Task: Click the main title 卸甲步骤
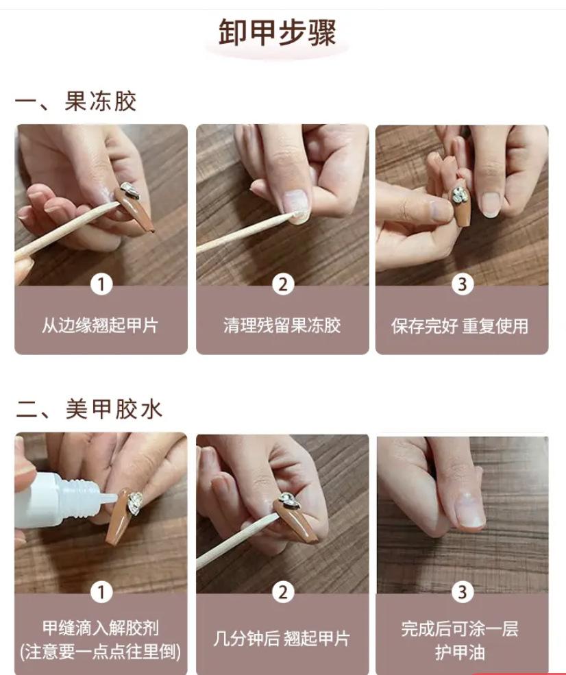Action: coord(277,32)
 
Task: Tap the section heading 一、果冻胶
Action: coord(76,101)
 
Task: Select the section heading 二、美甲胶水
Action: coord(89,408)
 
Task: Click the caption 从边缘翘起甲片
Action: coord(100,325)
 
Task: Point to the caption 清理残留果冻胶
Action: coord(282,325)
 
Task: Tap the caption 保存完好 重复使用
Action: coord(460,326)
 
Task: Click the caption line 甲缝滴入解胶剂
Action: coord(101,628)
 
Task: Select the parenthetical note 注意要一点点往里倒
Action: coord(100,651)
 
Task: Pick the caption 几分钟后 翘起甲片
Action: coord(281,638)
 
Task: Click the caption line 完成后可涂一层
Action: coord(460,628)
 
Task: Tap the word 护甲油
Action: coord(460,652)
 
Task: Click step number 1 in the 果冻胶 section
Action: coord(101,284)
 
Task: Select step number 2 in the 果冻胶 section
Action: coord(283,284)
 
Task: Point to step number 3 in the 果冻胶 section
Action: coord(463,284)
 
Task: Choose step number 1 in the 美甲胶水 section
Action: coord(101,592)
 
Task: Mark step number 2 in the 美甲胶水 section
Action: coord(283,592)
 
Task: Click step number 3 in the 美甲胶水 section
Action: coord(463,592)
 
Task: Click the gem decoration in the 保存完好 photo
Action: coord(460,194)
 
